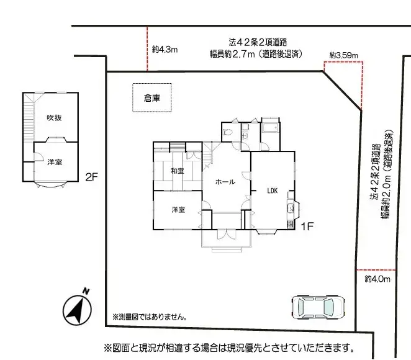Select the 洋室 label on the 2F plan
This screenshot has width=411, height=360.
(x=54, y=162)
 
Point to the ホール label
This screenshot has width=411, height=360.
(x=225, y=182)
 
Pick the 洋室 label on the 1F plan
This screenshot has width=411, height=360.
(x=178, y=210)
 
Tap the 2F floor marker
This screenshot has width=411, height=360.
(x=92, y=176)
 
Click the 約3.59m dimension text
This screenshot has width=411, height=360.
(x=344, y=55)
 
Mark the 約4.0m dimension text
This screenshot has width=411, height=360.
(x=377, y=279)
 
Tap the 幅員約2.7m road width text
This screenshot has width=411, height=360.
(x=256, y=54)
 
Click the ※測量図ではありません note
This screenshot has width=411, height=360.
(x=150, y=317)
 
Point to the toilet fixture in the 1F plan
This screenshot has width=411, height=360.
(x=228, y=132)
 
